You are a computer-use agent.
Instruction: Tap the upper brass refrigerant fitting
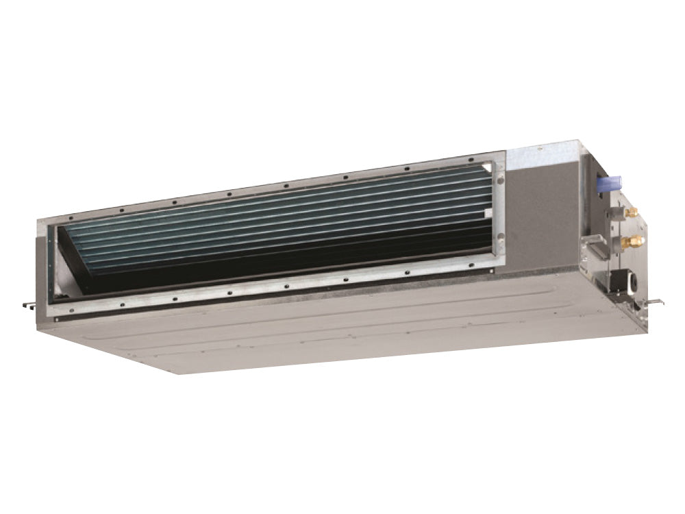tap(631, 212)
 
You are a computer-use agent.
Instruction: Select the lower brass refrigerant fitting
tap(634, 241)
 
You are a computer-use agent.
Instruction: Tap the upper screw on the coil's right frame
tap(499, 180)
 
